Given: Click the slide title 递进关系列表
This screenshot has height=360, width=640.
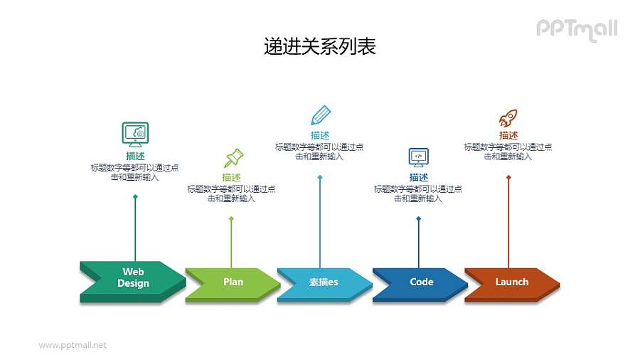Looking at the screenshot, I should click(x=319, y=47).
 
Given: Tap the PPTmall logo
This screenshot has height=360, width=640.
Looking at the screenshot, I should click(x=576, y=29).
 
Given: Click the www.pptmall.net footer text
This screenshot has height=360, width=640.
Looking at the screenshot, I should click(x=73, y=345).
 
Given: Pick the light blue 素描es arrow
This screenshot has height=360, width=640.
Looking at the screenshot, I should click(x=324, y=282).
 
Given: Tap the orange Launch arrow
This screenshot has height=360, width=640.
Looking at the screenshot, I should click(x=511, y=282).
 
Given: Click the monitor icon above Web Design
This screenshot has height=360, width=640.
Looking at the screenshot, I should click(x=135, y=133).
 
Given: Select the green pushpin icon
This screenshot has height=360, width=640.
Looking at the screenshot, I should click(x=233, y=157).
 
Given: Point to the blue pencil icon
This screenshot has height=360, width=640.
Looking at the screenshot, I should click(x=320, y=115).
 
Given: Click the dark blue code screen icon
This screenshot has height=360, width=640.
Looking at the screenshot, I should click(x=418, y=157).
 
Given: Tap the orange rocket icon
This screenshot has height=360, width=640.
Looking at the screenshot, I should click(x=508, y=117).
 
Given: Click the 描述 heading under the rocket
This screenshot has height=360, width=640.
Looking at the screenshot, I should click(x=508, y=135).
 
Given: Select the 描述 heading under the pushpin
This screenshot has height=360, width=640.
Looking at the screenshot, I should click(x=231, y=177).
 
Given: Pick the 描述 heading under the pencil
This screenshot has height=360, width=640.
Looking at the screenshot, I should click(x=320, y=135).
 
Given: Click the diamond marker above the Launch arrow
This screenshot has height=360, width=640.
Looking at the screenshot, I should click(x=508, y=177).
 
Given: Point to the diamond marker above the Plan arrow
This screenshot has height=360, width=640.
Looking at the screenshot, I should click(x=231, y=218).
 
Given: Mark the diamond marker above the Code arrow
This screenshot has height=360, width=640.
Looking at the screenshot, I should click(x=418, y=218).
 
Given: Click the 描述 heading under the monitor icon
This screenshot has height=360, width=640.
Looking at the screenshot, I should click(x=135, y=156).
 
